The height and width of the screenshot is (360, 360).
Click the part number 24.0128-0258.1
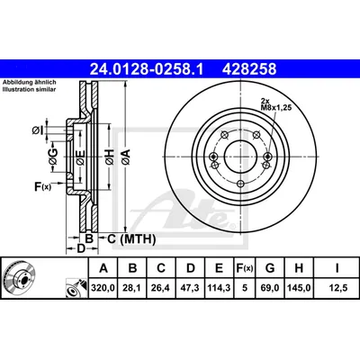147,69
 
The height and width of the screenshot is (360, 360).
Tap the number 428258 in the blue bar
249,69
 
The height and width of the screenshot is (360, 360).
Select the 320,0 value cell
103,288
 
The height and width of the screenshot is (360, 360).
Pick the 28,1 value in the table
132,288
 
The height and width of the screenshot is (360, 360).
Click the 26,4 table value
161,288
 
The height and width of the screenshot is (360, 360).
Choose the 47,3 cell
191,288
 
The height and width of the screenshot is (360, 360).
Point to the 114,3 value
219,288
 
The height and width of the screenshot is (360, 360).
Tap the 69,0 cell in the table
270,288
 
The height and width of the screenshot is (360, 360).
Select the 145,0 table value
299,288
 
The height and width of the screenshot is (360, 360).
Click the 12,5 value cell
337,288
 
